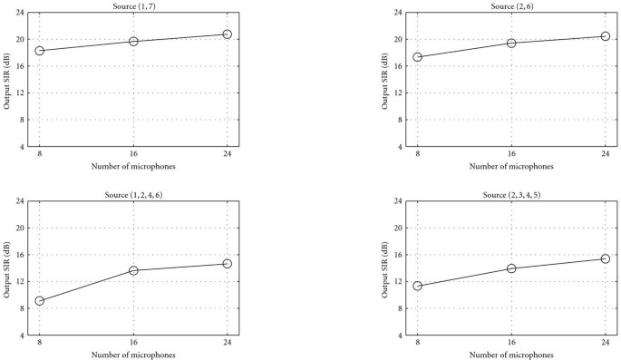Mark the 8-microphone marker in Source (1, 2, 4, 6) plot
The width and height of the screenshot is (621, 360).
[x=40, y=301]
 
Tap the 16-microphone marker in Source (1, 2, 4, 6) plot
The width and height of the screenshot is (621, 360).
[x=133, y=270]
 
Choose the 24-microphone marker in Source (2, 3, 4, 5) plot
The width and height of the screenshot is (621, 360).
[x=606, y=258]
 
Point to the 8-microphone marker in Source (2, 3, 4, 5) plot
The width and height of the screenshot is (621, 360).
[x=417, y=286]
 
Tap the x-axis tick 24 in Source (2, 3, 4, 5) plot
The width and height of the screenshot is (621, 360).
[x=606, y=344]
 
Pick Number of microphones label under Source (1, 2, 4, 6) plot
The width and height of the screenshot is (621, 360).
[x=133, y=355]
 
